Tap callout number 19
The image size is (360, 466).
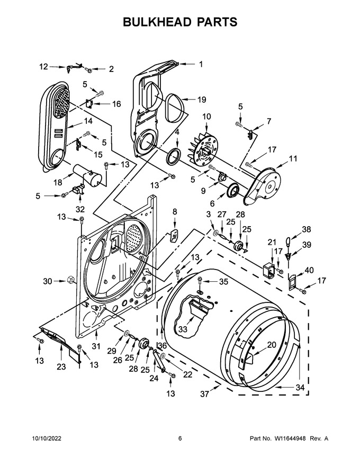[x=202, y=100]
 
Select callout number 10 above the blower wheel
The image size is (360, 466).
[x=206, y=116]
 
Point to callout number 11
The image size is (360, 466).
[x=293, y=159]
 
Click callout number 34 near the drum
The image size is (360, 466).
[x=300, y=387]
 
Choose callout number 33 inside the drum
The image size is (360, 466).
[x=183, y=329]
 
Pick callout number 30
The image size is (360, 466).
[x=48, y=281]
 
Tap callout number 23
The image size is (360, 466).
[x=61, y=367]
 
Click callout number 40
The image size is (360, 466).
[x=309, y=270]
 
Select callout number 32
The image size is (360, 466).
[x=80, y=209]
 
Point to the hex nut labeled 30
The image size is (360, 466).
[x=70, y=280]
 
